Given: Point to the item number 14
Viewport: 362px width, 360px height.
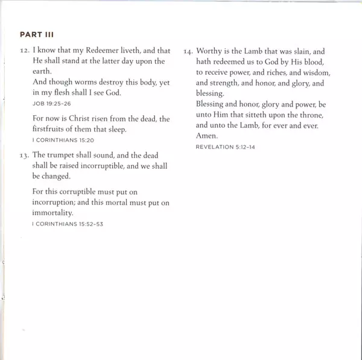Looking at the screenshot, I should pyautogui.click(x=188, y=52).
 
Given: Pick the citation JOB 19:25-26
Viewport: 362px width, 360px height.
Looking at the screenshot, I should pyautogui.click(x=49, y=103).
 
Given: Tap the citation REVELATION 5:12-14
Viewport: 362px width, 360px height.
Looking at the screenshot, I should pyautogui.click(x=225, y=147).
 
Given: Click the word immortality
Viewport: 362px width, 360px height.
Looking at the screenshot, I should pyautogui.click(x=52, y=213).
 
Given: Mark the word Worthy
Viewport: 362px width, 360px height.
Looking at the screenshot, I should pyautogui.click(x=209, y=52).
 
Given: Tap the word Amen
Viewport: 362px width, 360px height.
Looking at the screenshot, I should pyautogui.click(x=207, y=136).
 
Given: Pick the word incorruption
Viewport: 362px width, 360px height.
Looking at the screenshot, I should pyautogui.click(x=55, y=202).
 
